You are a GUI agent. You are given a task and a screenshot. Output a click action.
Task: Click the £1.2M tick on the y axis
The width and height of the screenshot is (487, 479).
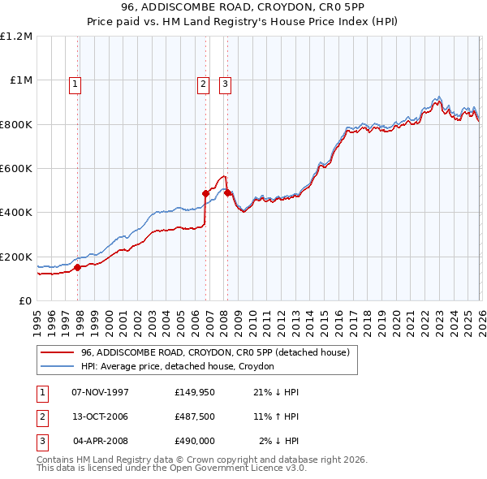16,37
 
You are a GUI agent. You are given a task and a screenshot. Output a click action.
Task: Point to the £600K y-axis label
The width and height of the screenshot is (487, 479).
16,169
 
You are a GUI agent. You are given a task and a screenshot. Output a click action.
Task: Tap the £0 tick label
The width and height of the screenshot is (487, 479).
25,301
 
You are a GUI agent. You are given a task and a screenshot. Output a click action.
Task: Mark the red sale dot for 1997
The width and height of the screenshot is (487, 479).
78,267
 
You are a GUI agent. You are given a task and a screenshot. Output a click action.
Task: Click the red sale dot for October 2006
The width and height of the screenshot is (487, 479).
205,193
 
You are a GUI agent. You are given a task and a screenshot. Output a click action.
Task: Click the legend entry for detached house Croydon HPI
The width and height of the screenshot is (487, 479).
177,366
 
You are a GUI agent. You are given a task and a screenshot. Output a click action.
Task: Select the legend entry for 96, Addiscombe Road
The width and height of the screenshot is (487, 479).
214,352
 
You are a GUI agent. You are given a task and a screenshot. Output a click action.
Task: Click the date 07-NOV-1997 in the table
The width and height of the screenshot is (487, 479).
101,392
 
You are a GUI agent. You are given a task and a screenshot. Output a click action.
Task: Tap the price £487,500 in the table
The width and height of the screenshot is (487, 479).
194,416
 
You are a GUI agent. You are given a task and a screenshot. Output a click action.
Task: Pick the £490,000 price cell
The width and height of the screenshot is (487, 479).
194,441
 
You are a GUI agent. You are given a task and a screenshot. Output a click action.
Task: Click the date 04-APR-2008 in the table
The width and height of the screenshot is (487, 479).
101,441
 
